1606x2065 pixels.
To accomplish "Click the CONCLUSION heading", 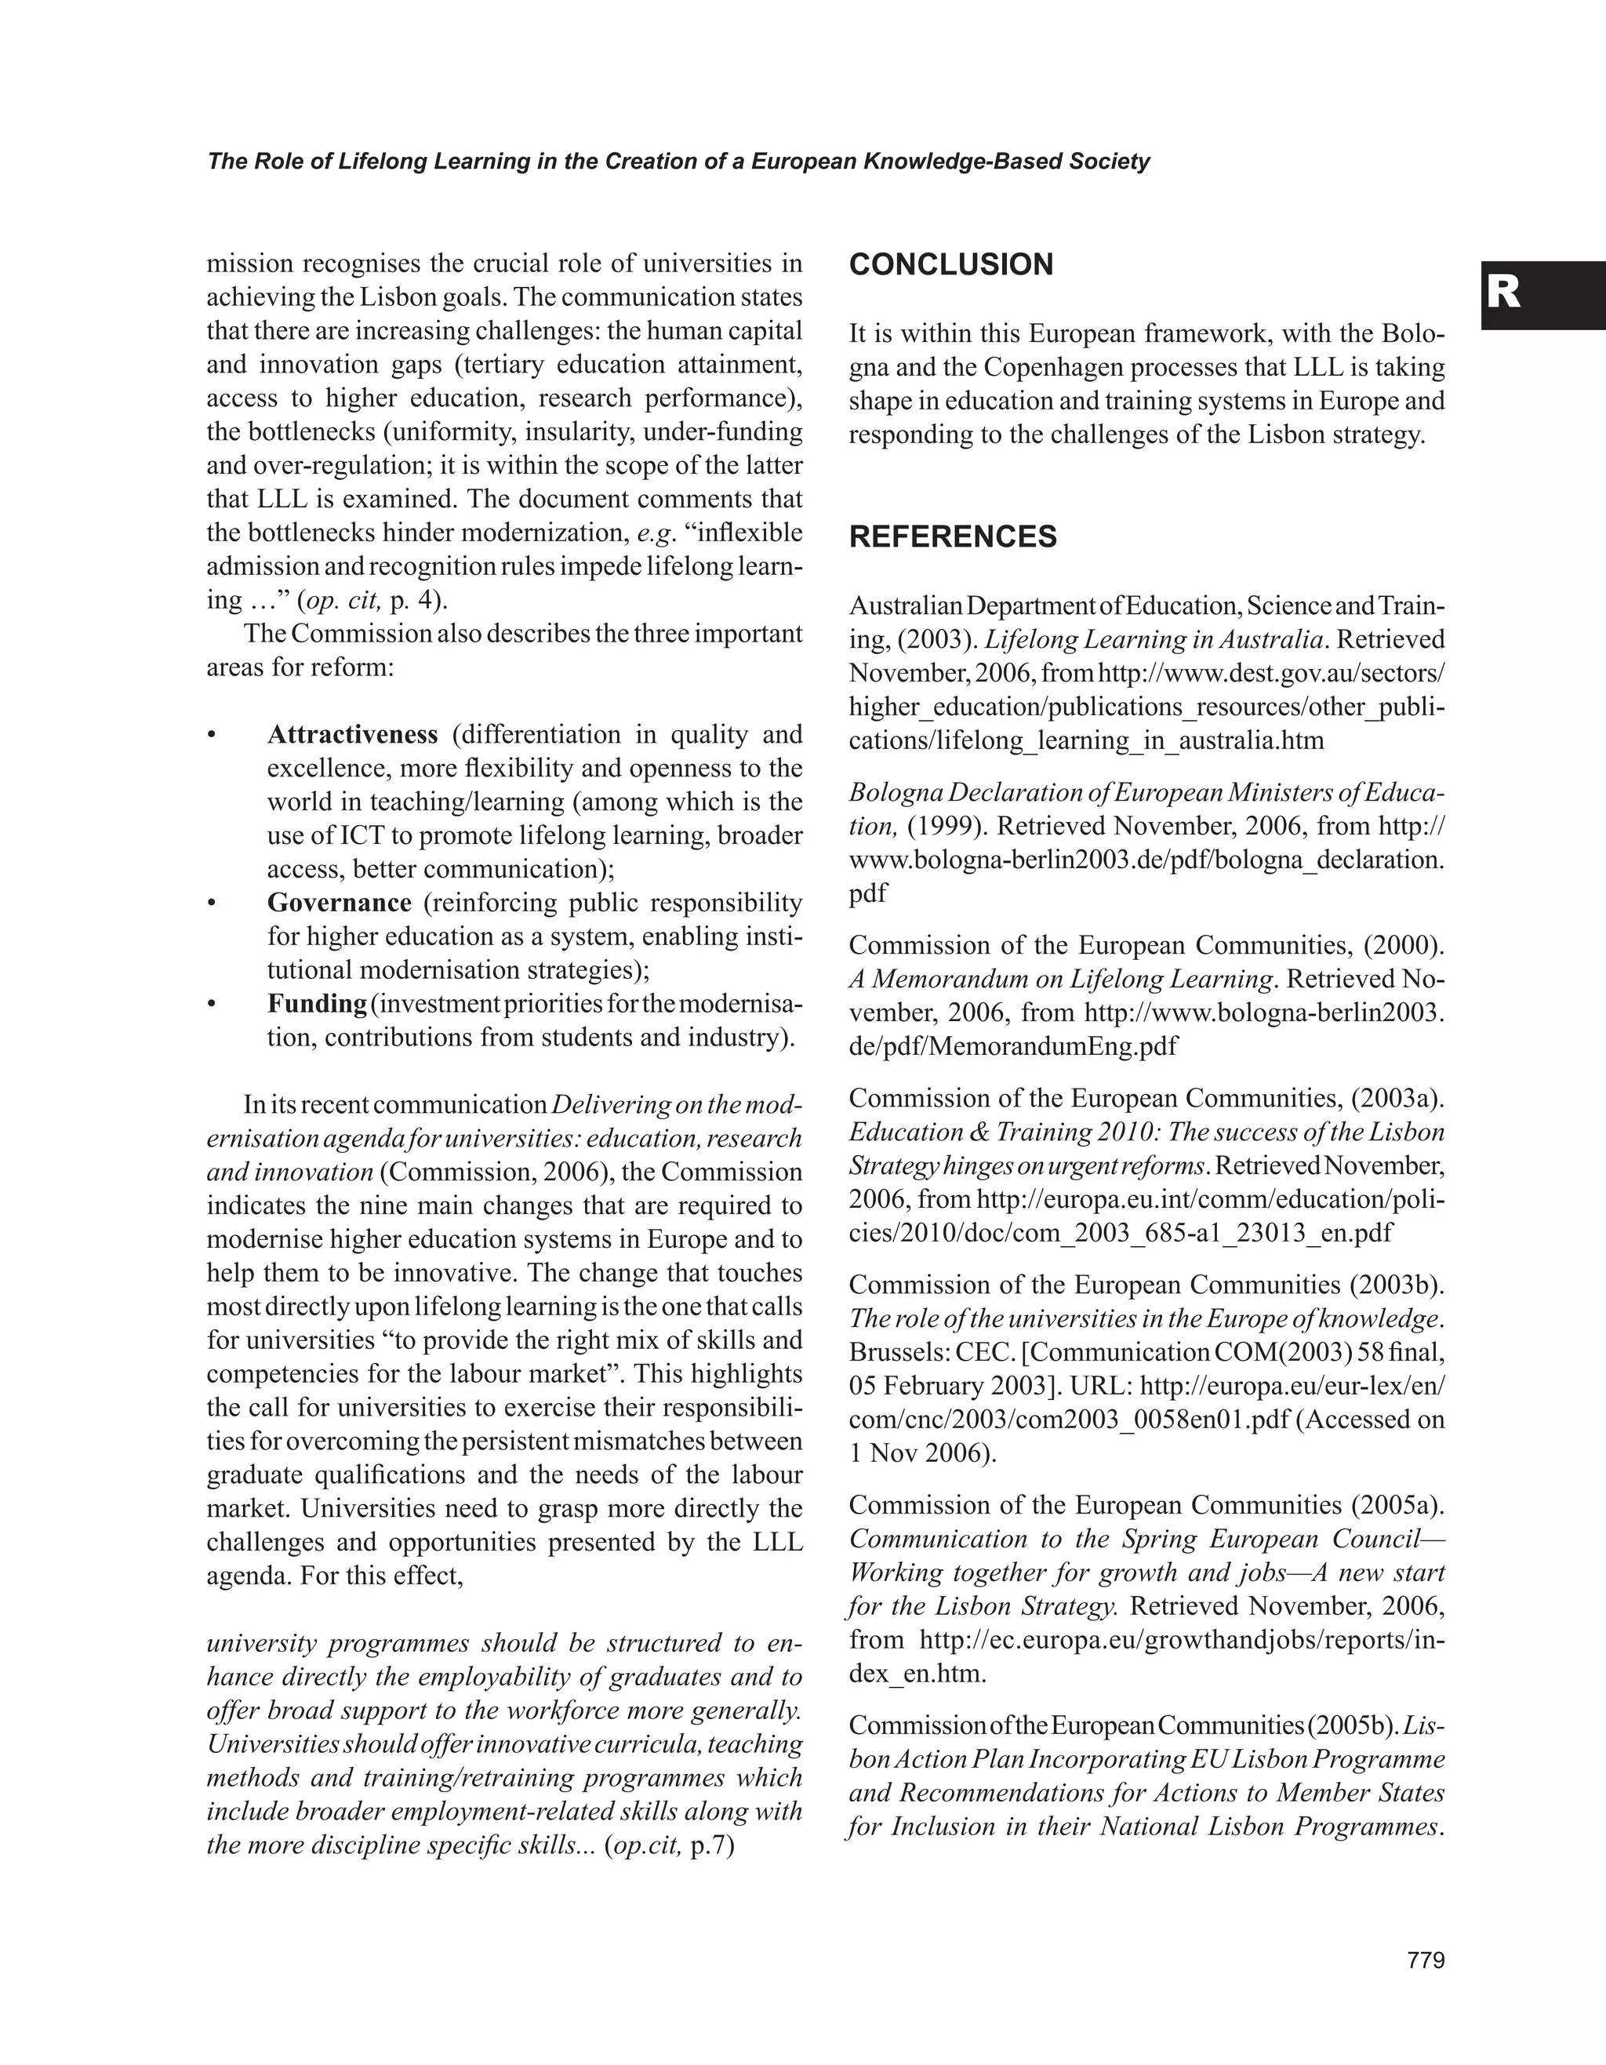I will tap(951, 265).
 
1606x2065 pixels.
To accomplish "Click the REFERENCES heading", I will tap(953, 537).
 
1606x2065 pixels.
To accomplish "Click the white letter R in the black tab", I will tap(1504, 293).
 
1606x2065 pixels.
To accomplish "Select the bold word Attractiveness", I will tap(353, 735).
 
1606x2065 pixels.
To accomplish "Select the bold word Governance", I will tap(340, 903).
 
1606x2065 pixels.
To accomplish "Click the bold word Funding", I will tap(317, 1003).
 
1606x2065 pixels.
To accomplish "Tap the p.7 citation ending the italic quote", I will tap(713, 1845).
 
